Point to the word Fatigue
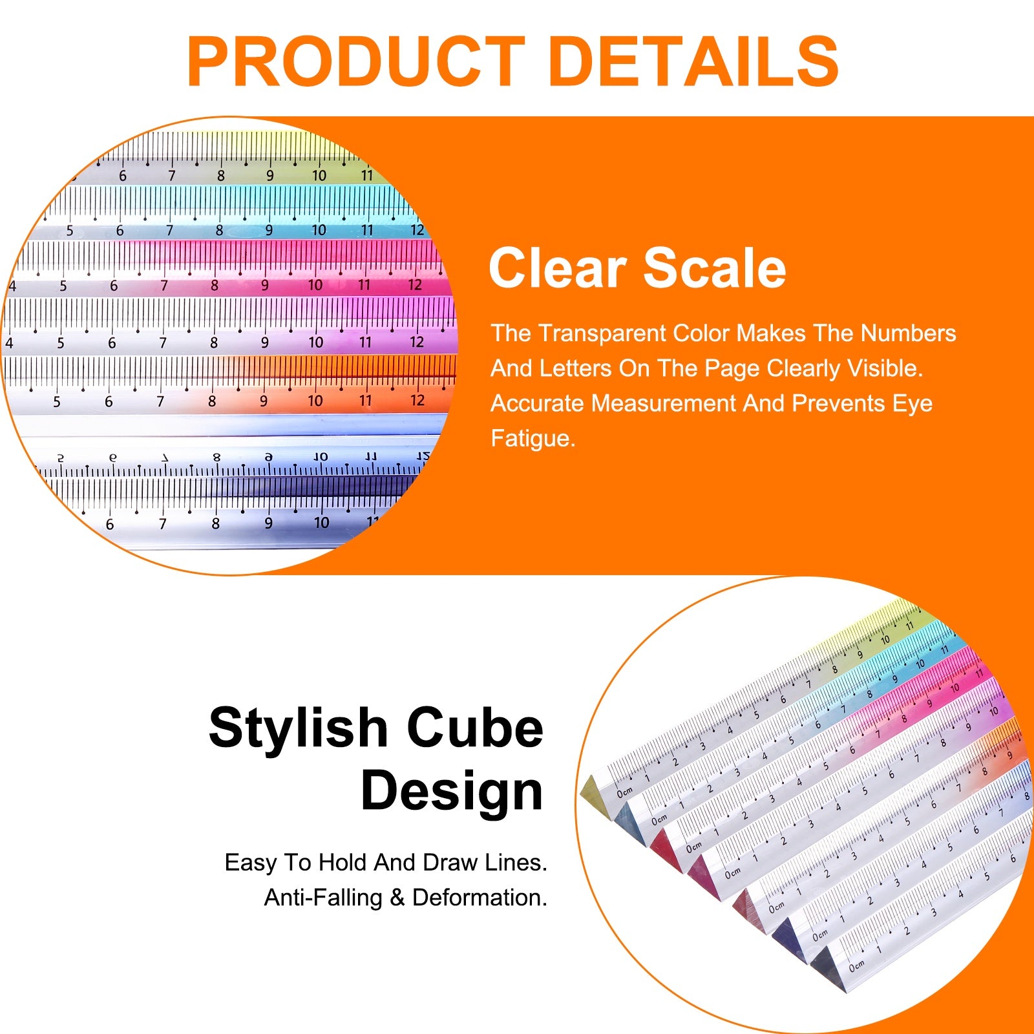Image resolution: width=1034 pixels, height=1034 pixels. point(533,438)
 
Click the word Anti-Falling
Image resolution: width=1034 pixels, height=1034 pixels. point(323,898)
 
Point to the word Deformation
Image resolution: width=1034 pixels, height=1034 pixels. point(480,898)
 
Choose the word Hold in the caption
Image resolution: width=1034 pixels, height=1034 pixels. point(344,862)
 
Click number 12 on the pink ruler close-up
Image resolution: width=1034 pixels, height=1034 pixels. point(415,285)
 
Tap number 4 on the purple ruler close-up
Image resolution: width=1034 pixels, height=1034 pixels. point(9,343)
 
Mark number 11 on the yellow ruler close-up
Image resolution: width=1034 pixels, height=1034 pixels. point(366,175)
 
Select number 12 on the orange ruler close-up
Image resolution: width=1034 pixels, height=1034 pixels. point(417,400)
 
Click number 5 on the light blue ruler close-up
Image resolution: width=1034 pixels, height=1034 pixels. point(70,231)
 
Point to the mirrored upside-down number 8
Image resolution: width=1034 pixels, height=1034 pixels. point(216,458)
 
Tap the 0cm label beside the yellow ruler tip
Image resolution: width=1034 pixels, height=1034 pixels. point(624,792)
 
